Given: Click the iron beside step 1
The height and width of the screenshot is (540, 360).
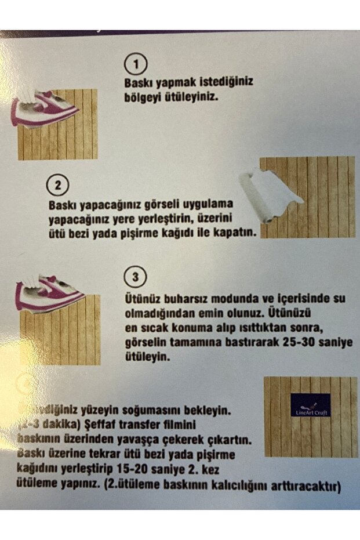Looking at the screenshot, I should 43,109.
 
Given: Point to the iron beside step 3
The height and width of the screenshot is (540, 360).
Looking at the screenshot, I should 49,293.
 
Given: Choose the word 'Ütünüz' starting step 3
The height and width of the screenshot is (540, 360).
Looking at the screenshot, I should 143,299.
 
